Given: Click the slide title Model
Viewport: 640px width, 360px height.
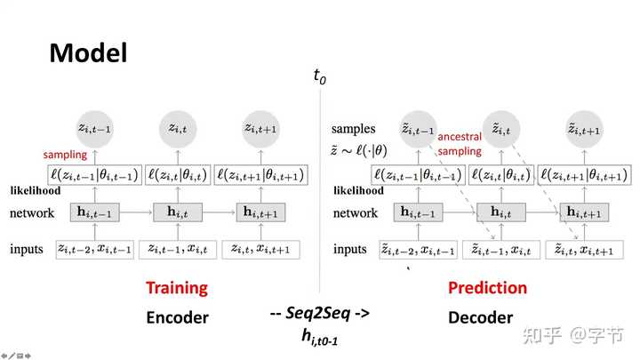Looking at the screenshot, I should click(x=88, y=52).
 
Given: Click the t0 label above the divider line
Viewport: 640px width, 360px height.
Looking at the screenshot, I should click(x=319, y=77).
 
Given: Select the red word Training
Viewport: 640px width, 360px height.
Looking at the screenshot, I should click(x=176, y=287).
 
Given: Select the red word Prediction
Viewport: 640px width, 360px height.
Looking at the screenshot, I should click(x=487, y=288).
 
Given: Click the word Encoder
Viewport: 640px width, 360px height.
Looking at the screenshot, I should click(x=177, y=316).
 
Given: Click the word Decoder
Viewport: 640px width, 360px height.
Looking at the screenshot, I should click(x=481, y=316).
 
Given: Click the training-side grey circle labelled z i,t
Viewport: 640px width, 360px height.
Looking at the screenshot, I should click(x=179, y=129).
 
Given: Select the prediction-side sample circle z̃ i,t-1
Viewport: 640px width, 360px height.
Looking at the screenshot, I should click(x=417, y=130).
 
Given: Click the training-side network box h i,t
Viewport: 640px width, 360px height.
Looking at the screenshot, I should click(x=179, y=212).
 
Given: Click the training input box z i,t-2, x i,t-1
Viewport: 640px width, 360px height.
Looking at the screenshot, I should click(x=95, y=249).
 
